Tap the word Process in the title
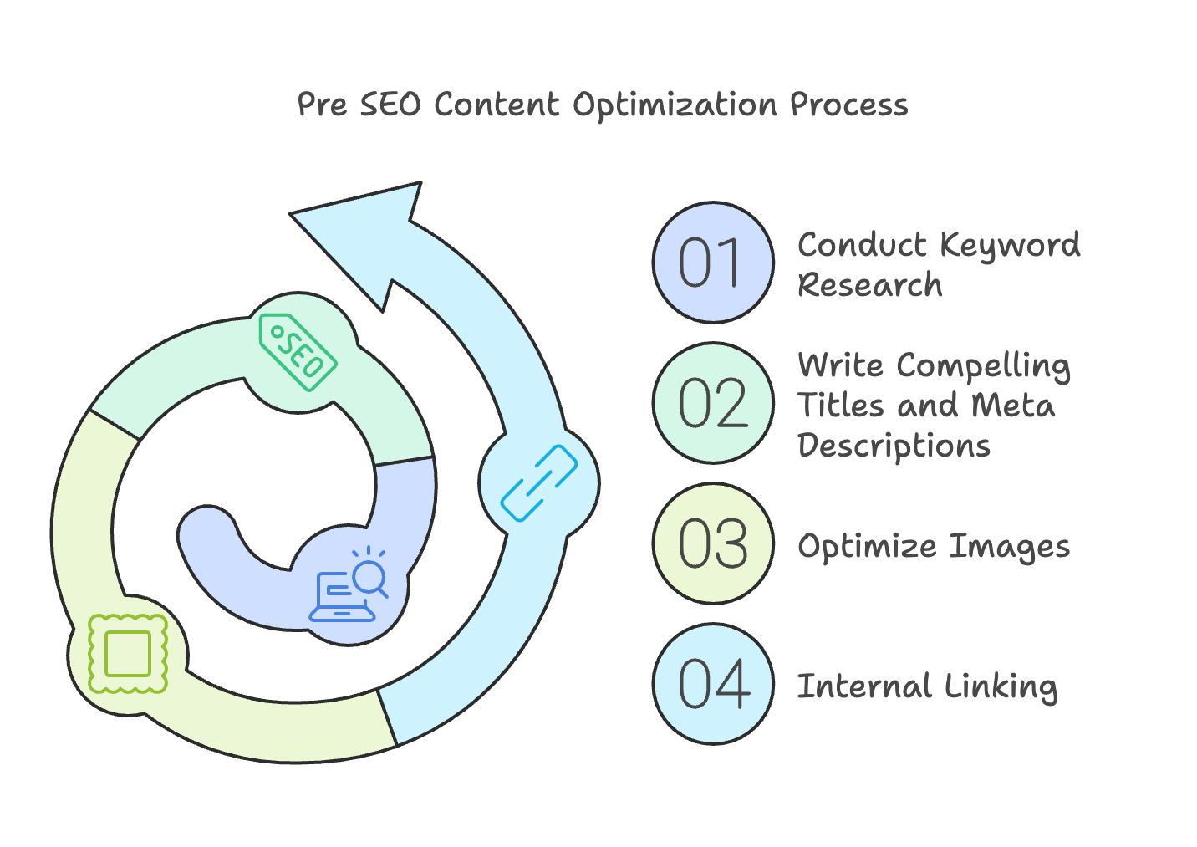pos(848,105)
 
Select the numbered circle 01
pos(712,263)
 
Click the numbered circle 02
pos(712,403)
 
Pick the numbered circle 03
pos(712,543)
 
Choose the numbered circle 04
pos(712,684)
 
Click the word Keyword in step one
pos(1010,246)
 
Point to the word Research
pos(869,285)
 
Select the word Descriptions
pos(894,446)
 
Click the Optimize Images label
pos(933,546)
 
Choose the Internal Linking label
pos(927,686)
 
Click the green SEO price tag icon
pos(298,352)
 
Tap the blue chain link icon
pos(539,483)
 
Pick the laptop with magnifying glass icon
pos(349,585)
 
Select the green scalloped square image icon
pos(128,653)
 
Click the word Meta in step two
pos(1012,406)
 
